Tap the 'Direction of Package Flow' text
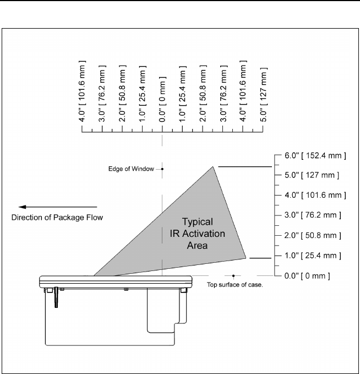coord(57,217)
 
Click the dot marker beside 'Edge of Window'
coord(162,169)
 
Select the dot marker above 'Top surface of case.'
coord(234,275)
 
